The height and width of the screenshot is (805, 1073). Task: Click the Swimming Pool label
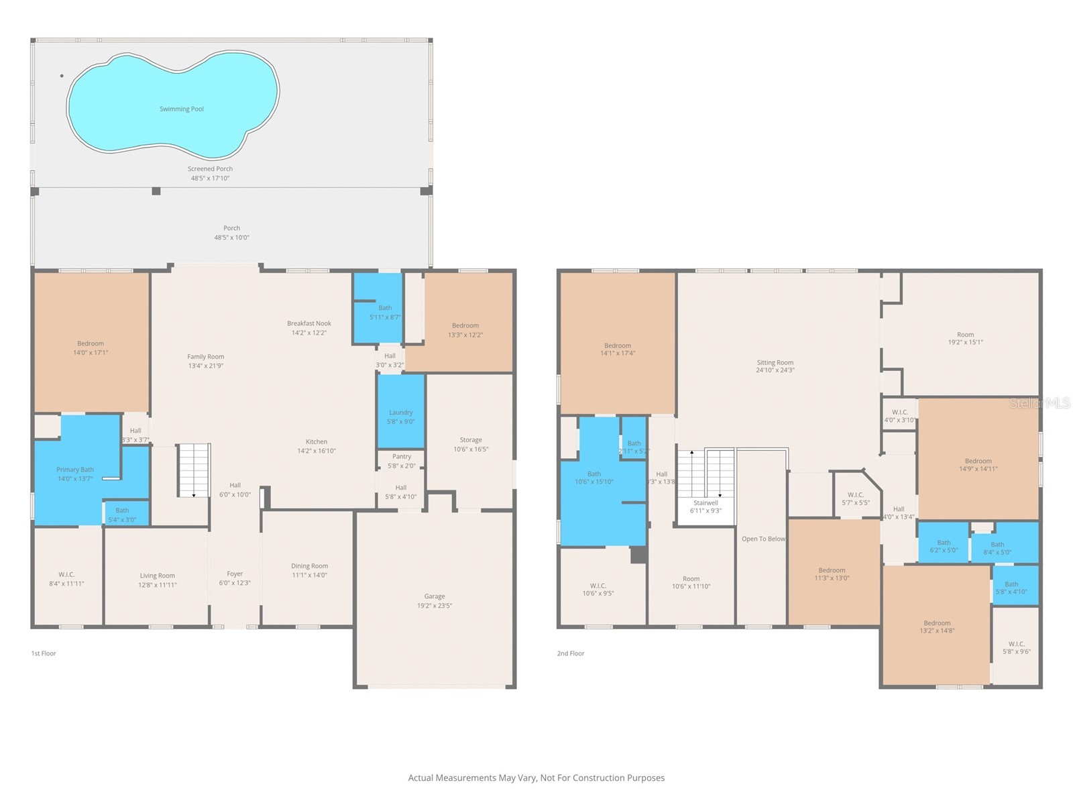[181, 109]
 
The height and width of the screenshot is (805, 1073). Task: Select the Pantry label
[401, 457]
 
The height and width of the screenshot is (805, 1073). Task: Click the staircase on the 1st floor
[194, 470]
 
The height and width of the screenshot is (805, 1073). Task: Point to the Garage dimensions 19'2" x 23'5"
[435, 606]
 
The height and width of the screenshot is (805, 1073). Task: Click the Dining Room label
[309, 566]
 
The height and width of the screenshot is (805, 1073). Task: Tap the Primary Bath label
[75, 470]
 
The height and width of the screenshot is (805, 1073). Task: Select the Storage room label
[470, 440]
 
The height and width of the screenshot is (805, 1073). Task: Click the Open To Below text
[763, 539]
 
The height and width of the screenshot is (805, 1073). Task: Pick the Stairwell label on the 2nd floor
[705, 502]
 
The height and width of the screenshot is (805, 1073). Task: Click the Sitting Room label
[775, 362]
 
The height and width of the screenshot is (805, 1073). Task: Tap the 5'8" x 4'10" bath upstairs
[1011, 588]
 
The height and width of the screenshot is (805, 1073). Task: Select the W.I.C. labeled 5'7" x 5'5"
[855, 498]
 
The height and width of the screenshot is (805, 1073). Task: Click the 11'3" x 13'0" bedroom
[832, 574]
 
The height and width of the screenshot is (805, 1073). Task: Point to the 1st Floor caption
[44, 653]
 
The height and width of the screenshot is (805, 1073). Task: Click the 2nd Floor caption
[571, 653]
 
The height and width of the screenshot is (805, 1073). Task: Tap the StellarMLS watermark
[1039, 403]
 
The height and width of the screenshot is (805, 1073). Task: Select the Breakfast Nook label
[309, 323]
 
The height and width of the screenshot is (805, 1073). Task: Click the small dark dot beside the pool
[62, 76]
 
